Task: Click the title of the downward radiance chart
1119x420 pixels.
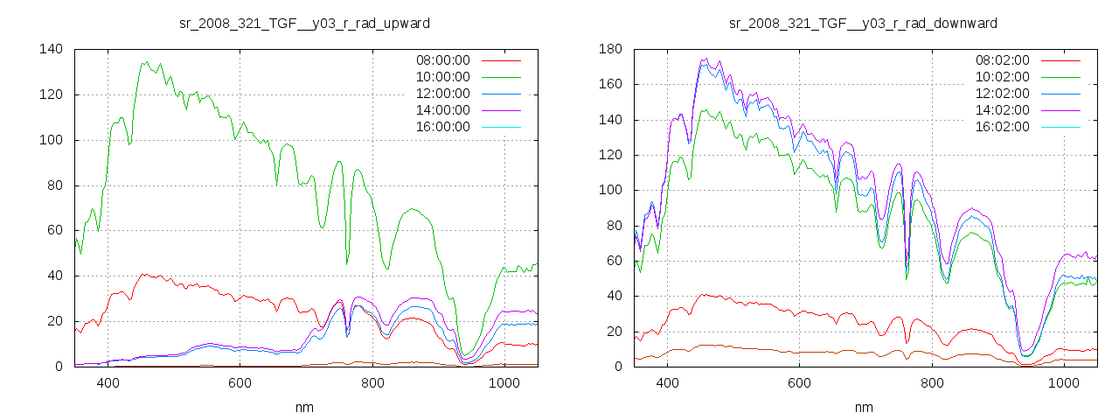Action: pyautogui.click(x=864, y=23)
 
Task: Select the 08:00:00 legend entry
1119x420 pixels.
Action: pyautogui.click(x=442, y=60)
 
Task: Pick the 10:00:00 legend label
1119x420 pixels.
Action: pyautogui.click(x=442, y=77)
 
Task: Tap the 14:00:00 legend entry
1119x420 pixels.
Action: pyautogui.click(x=442, y=110)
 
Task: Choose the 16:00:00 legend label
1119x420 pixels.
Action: pyautogui.click(x=442, y=127)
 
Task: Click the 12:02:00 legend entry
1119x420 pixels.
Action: pyautogui.click(x=1002, y=94)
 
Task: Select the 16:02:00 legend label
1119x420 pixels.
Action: pyautogui.click(x=1002, y=127)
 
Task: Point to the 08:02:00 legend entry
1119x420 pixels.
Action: pyautogui.click(x=1002, y=60)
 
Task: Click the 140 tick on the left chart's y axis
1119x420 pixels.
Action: pyautogui.click(x=50, y=49)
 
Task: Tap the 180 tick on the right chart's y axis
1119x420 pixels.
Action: pyautogui.click(x=609, y=49)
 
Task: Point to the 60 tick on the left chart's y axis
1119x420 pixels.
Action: pyautogui.click(x=55, y=230)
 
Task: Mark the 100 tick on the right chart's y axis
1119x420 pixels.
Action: pyautogui.click(x=609, y=190)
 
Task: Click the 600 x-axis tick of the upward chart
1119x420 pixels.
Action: pyautogui.click(x=240, y=383)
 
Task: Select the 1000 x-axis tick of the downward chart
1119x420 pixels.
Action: pyautogui.click(x=1063, y=383)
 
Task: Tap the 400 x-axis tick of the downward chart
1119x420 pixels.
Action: pyautogui.click(x=668, y=383)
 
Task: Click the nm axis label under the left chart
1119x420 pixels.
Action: pyautogui.click(x=304, y=408)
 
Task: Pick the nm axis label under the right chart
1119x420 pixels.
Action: pyautogui.click(x=864, y=408)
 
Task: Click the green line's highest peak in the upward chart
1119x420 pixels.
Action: pyautogui.click(x=147, y=62)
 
